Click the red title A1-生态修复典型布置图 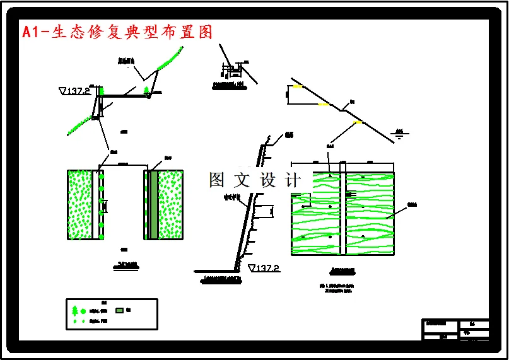[x=117, y=32]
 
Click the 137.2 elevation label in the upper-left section [x=75, y=91]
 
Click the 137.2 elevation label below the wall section [x=265, y=269]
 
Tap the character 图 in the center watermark [x=217, y=180]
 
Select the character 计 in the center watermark [x=294, y=180]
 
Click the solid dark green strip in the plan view [x=154, y=204]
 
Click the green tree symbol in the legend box [x=75, y=311]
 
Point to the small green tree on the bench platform [x=147, y=90]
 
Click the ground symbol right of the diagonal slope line [x=399, y=133]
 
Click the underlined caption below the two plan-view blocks [x=124, y=265]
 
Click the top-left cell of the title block [x=440, y=324]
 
